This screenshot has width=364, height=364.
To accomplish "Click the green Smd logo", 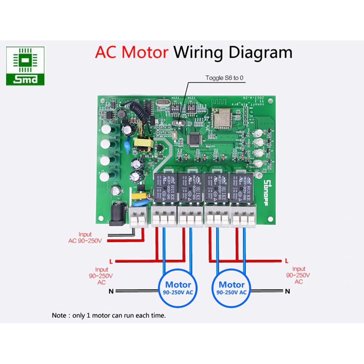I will [x=25, y=66].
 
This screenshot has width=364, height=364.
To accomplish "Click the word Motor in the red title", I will [x=145, y=52].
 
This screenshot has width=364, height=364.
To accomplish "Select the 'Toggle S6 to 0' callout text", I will [x=224, y=78].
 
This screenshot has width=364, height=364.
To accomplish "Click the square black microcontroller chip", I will [x=195, y=139].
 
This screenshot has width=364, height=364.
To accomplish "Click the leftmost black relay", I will [x=165, y=187].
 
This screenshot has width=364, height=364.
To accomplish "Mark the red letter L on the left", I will [x=111, y=261].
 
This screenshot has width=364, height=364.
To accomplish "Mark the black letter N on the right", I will [x=287, y=291].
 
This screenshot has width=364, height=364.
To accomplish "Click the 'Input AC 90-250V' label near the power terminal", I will [x=85, y=238].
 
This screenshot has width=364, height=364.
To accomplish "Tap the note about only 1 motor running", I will [x=109, y=316].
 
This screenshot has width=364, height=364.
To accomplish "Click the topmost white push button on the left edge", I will [x=107, y=129].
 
